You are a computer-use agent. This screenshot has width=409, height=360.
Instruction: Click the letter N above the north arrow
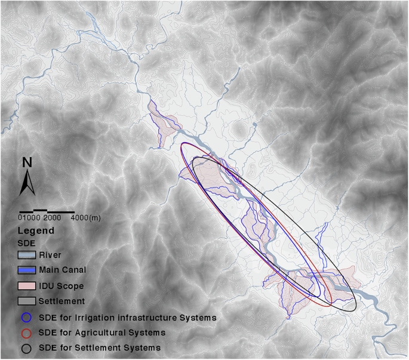(27, 162)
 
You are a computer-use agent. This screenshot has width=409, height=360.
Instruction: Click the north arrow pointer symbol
(27, 181)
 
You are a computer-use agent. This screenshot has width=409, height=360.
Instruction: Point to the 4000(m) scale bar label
(85, 218)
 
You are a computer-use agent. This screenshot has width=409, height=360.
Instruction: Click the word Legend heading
(36, 230)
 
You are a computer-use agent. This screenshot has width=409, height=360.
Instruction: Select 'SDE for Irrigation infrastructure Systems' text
(125, 317)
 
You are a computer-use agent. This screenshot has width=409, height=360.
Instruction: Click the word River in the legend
(51, 255)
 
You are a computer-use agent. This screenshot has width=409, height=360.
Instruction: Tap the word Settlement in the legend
(63, 301)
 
